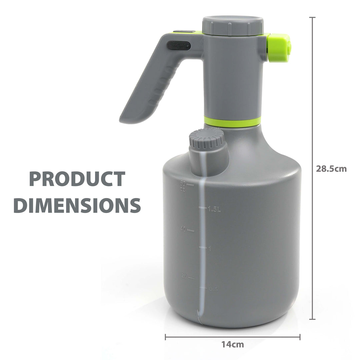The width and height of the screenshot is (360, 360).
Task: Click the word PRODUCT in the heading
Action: click(77, 179)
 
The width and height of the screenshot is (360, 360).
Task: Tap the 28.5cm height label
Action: click(331, 169)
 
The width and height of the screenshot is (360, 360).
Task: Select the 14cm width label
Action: click(233, 345)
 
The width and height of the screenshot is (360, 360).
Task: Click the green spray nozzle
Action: click(279, 48)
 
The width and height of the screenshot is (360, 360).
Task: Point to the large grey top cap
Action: click(233, 25)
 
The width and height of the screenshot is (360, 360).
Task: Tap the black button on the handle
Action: click(179, 46)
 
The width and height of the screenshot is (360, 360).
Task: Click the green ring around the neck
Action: click(232, 122)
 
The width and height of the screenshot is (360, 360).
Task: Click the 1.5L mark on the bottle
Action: click(214, 209)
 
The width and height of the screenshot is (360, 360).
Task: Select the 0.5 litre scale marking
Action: click(213, 289)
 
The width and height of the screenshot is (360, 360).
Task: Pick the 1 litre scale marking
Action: click(209, 248)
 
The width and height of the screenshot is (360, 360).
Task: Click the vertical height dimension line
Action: click(312, 100)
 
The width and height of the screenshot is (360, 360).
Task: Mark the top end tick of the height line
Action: click(312, 17)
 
